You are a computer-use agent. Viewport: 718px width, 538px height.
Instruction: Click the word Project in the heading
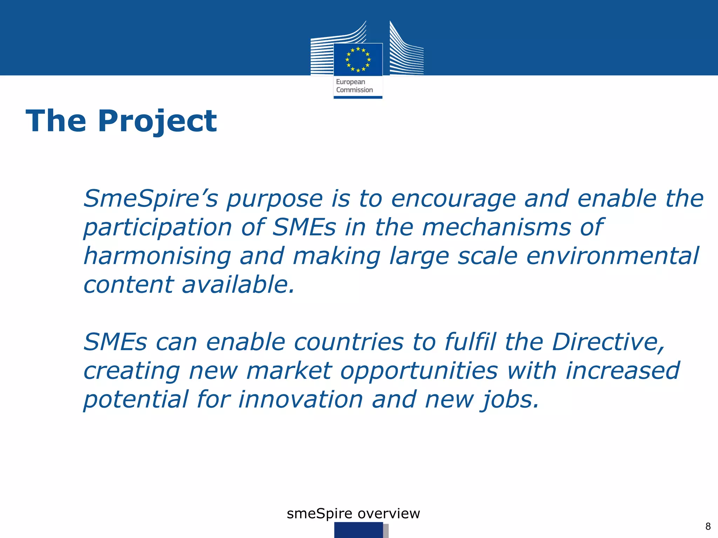tap(157, 121)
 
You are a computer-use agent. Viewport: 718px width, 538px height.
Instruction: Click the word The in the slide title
tap(56, 121)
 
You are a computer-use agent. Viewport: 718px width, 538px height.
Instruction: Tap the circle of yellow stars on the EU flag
tap(358, 60)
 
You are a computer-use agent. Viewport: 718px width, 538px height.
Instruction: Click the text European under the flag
tap(350, 82)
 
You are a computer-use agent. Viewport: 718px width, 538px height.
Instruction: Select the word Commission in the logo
tap(354, 90)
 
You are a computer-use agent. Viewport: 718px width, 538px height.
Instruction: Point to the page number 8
tap(708, 526)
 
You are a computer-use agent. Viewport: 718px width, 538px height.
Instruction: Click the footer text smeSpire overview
tap(353, 513)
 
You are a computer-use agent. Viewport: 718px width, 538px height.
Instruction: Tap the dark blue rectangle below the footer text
tap(358, 530)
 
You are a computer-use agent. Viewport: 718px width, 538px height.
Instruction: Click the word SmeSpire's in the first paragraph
tap(150, 199)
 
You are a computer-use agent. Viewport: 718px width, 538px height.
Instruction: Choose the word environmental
tap(612, 256)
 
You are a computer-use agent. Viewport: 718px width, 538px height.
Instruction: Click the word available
tap(238, 284)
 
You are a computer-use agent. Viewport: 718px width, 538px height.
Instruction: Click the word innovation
tap(300, 400)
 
